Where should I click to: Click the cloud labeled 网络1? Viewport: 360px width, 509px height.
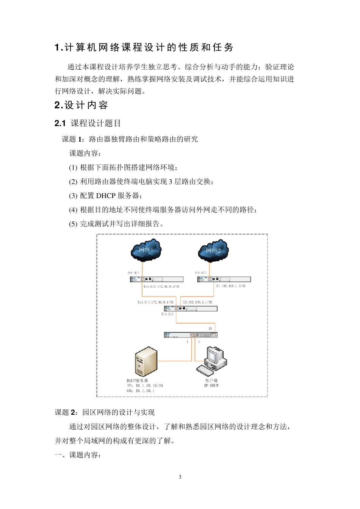click(x=146, y=250)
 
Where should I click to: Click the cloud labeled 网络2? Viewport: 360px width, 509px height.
click(x=213, y=250)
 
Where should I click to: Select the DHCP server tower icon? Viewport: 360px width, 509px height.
click(x=146, y=362)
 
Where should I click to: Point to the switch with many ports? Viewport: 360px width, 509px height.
click(x=191, y=335)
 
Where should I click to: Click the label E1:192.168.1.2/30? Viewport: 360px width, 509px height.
click(x=231, y=286)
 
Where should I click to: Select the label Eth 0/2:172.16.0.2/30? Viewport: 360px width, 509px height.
click(x=161, y=287)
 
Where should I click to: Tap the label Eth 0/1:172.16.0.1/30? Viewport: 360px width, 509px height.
click(x=155, y=302)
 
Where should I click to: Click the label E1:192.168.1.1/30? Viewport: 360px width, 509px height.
click(x=197, y=302)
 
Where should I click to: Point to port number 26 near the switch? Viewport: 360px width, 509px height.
click(x=210, y=328)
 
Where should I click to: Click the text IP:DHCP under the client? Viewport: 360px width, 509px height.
click(x=211, y=386)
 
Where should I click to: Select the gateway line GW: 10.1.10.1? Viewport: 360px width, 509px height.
click(x=141, y=391)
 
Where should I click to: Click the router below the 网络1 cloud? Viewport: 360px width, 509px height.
click(x=157, y=279)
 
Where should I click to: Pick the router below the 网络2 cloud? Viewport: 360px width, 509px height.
click(x=224, y=279)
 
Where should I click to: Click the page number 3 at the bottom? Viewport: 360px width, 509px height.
click(x=180, y=477)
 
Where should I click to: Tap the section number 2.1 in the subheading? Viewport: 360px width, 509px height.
click(x=60, y=123)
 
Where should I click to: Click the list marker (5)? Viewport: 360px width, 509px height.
click(x=73, y=224)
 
